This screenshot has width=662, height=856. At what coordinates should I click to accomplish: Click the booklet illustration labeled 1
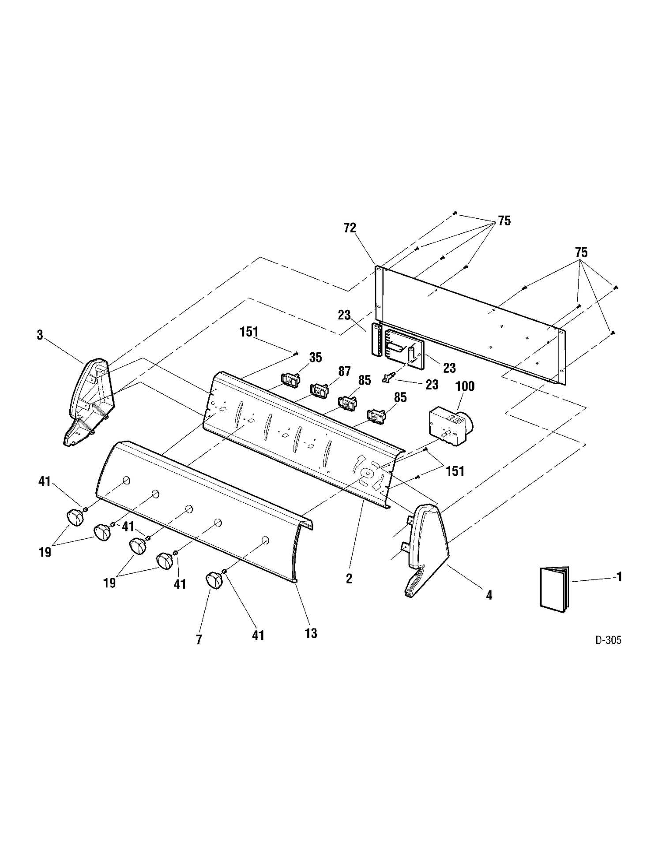[x=554, y=589]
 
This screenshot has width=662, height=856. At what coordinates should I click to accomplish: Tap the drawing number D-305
[x=608, y=640]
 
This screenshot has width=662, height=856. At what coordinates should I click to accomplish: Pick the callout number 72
[x=350, y=228]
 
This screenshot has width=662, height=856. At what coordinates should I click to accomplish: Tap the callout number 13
[x=311, y=633]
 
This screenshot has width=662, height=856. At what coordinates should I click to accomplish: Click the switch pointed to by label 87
[x=320, y=390]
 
